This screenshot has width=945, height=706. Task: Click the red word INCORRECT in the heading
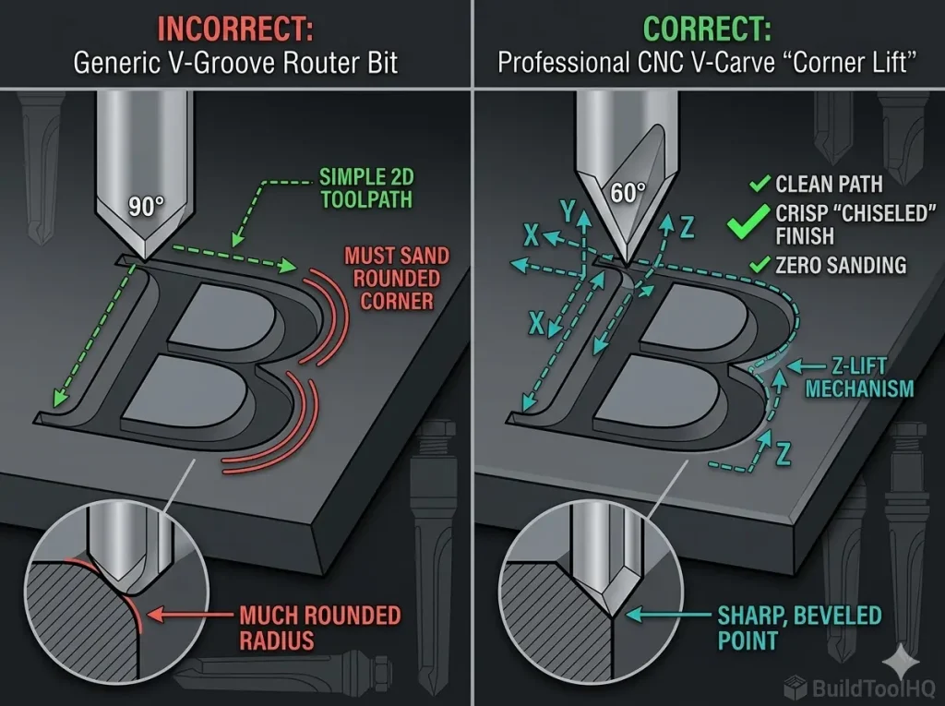[x=235, y=28]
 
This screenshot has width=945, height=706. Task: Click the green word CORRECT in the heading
[x=707, y=28]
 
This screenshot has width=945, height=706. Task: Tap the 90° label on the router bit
[x=145, y=207]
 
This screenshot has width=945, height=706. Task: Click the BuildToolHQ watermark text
[x=866, y=687]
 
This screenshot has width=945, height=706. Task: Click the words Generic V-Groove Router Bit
[x=235, y=63]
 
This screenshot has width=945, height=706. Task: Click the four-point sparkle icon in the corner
[x=895, y=662]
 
